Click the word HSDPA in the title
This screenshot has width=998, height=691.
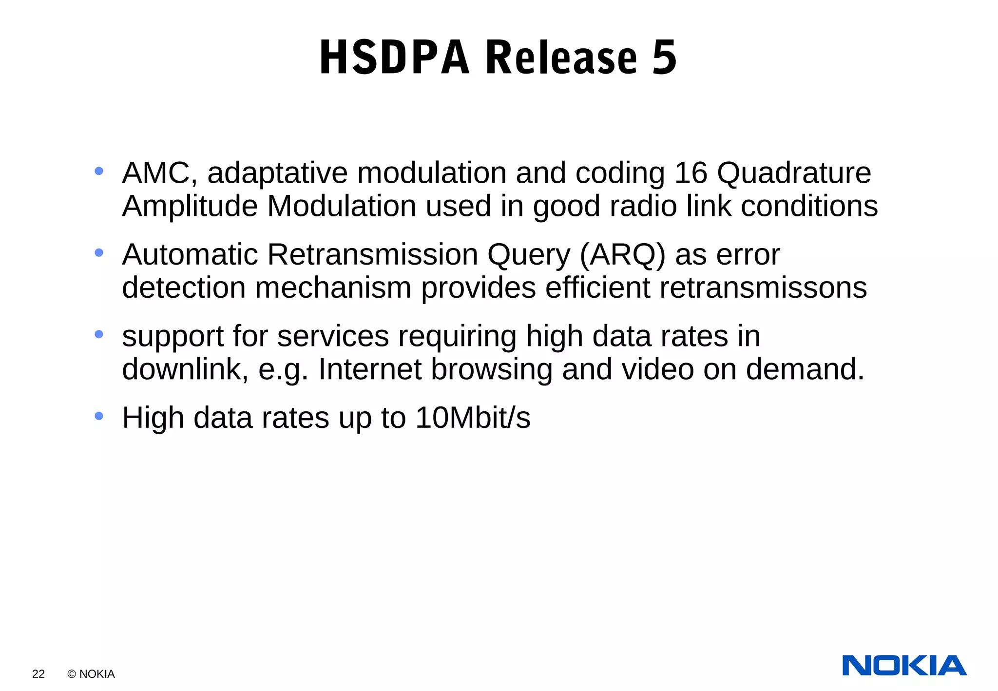[x=394, y=58]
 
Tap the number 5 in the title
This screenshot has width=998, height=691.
[x=664, y=58]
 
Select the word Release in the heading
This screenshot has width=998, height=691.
[x=561, y=58]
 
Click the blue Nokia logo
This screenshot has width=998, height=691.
[x=904, y=666]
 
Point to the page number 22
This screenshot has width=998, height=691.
[x=38, y=674]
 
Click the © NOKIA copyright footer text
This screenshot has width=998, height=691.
[x=91, y=674]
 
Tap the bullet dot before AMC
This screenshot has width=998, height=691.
[x=99, y=171]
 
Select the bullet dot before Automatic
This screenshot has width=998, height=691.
[x=99, y=252]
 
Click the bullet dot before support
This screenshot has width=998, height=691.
[x=99, y=334]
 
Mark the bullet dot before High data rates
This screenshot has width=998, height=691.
[x=99, y=416]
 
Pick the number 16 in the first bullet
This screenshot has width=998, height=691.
[x=691, y=173]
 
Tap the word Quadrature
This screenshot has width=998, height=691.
[x=794, y=173]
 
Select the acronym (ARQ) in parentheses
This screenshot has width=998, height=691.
[x=622, y=255]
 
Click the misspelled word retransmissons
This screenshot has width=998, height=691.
[x=763, y=288]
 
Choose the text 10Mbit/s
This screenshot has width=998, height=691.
[x=473, y=418]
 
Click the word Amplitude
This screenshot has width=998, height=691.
[x=190, y=206]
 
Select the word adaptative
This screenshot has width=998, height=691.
[x=277, y=173]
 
